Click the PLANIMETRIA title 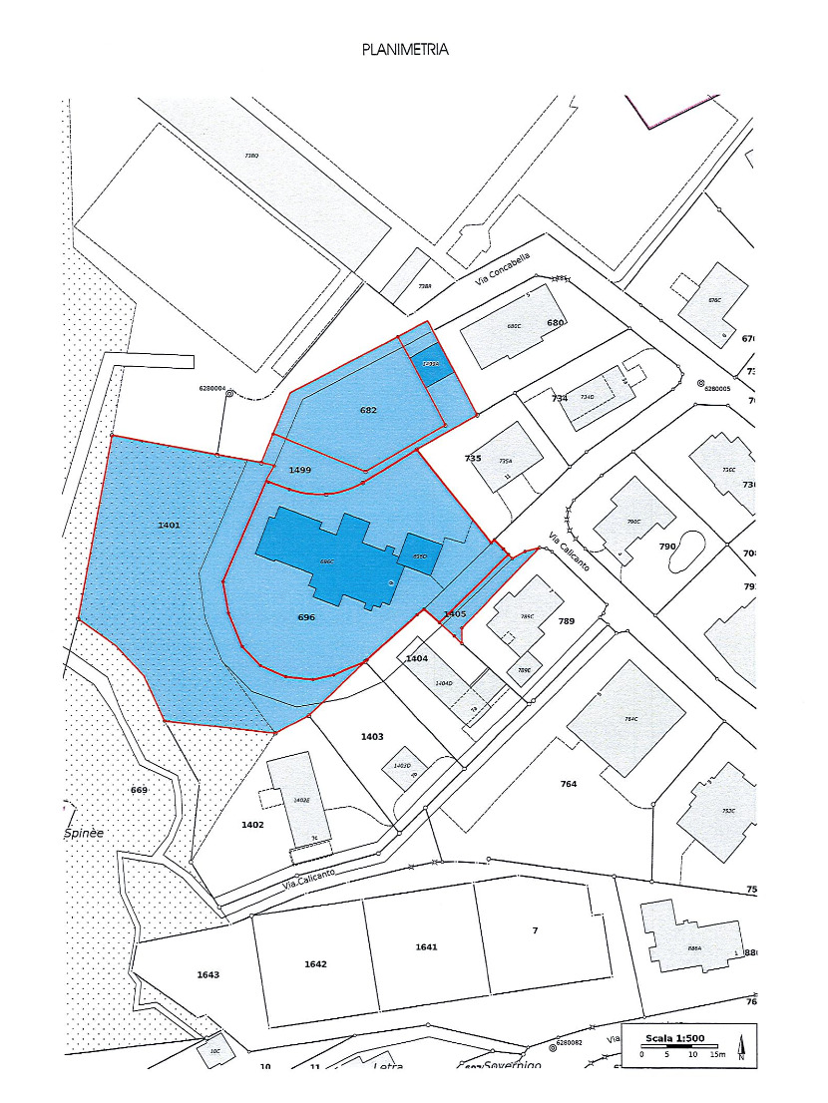(x=405, y=49)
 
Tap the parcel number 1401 (x=169, y=525)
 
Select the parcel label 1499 (x=300, y=470)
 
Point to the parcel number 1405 (x=455, y=613)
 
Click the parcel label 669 (x=139, y=790)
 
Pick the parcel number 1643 (x=207, y=974)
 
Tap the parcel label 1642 (x=315, y=964)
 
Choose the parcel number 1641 (x=426, y=946)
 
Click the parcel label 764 (x=569, y=784)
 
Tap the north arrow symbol (x=741, y=1047)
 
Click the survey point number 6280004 (x=212, y=390)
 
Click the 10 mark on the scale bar (x=692, y=1054)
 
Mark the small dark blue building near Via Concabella (x=431, y=364)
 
